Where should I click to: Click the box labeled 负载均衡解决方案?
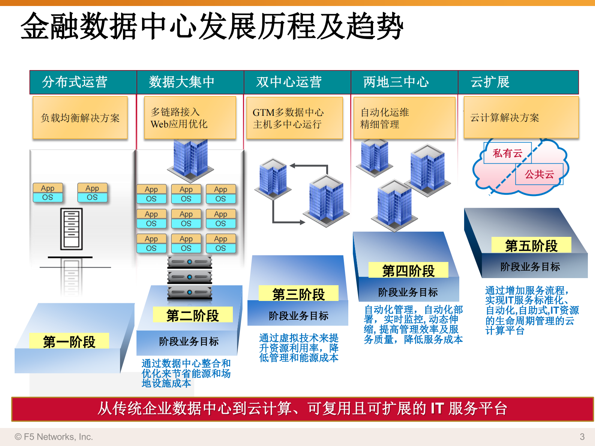click(x=80, y=118)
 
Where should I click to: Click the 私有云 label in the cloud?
click(x=507, y=153)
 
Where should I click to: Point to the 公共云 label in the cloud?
click(x=539, y=174)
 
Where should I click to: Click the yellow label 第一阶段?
click(x=69, y=341)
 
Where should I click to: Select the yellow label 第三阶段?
click(x=298, y=294)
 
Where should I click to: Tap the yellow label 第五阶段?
click(x=531, y=245)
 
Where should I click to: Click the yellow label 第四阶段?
click(x=408, y=270)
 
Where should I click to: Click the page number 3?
click(x=582, y=437)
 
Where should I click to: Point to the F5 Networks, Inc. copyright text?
click(x=54, y=437)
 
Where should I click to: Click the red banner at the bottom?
click(x=302, y=409)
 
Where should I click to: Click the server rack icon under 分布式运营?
click(x=71, y=229)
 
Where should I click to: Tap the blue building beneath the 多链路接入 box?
click(x=190, y=159)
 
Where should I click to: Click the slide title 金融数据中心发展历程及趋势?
click(x=212, y=26)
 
